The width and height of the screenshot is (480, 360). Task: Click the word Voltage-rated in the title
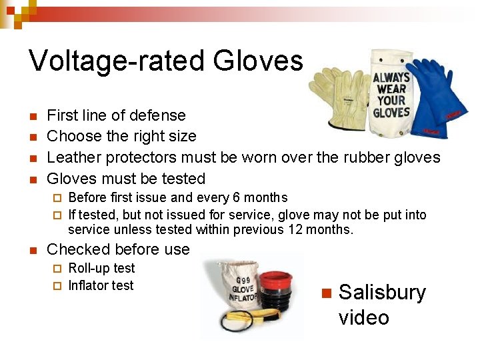117,61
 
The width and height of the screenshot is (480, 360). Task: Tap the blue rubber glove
431,93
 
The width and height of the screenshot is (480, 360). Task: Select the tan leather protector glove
340,100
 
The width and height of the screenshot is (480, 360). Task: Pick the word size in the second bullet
182,136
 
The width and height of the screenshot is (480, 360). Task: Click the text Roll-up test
101,268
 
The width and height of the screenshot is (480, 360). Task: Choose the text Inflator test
101,285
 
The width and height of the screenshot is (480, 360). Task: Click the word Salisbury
382,293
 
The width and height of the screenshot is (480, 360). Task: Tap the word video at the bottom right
363,317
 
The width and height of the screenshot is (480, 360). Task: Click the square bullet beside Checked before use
33,250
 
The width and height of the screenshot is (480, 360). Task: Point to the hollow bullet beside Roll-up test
57,269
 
